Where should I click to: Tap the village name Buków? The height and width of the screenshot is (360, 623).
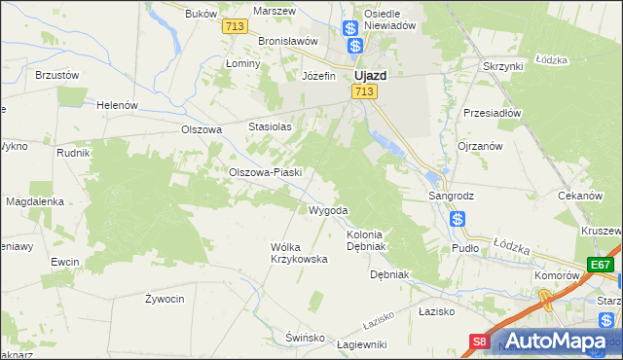199,15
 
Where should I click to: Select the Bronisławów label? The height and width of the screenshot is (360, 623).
289,42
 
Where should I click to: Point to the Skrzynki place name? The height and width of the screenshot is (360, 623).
503,65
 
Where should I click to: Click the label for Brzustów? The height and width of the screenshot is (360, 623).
56,74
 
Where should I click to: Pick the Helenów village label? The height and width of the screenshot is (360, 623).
118,105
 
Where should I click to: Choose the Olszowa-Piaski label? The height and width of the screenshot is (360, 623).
266,172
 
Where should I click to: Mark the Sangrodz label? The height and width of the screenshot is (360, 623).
452,196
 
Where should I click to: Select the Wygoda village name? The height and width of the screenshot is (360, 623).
328,210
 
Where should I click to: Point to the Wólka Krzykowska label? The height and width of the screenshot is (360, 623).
298,253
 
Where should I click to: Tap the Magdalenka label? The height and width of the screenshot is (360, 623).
35,201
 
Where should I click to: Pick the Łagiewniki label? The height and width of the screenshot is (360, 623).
361,344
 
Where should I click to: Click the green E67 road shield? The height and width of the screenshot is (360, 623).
601,265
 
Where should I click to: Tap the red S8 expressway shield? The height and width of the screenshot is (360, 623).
480,342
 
